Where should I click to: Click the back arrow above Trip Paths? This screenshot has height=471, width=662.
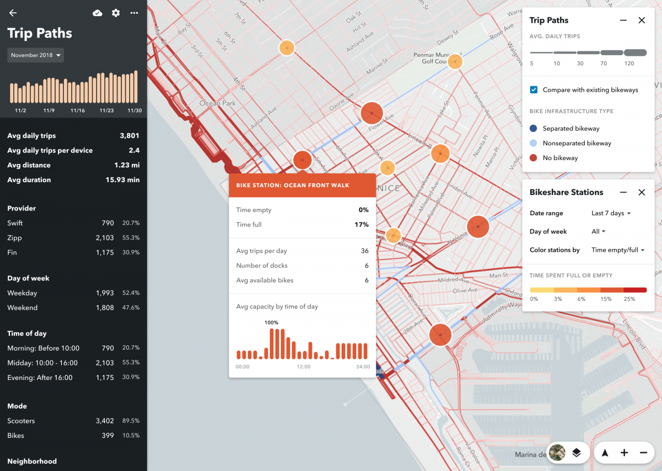pyautogui.click(x=13, y=13)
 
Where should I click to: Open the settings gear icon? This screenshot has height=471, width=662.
pyautogui.click(x=116, y=13)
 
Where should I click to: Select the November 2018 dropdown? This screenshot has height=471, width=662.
pyautogui.click(x=35, y=55)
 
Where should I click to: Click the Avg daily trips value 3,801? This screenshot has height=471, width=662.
pyautogui.click(x=129, y=136)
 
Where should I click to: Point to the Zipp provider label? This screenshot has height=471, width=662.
pyautogui.click(x=15, y=238)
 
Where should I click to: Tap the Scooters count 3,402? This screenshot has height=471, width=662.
pyautogui.click(x=104, y=421)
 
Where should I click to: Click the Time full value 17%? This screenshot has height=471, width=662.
pyautogui.click(x=361, y=225)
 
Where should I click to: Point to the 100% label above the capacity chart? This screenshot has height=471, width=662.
pyautogui.click(x=271, y=322)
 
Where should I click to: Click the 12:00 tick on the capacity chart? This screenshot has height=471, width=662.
pyautogui.click(x=303, y=367)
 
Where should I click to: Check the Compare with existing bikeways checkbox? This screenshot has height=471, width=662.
pyautogui.click(x=533, y=89)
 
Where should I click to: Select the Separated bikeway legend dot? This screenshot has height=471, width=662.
pyautogui.click(x=533, y=129)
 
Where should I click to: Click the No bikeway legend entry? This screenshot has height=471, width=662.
pyautogui.click(x=560, y=158)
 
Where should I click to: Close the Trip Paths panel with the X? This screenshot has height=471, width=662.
pyautogui.click(x=642, y=20)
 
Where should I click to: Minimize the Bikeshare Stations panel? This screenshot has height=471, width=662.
pyautogui.click(x=623, y=192)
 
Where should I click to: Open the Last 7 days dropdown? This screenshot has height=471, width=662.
pyautogui.click(x=611, y=213)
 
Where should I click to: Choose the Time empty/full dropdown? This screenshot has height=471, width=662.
pyautogui.click(x=618, y=250)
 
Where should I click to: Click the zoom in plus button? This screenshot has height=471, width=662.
pyautogui.click(x=624, y=453)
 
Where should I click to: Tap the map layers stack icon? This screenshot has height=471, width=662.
pyautogui.click(x=576, y=453)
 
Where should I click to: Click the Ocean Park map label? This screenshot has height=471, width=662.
pyautogui.click(x=217, y=103)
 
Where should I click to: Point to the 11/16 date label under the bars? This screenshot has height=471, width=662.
pyautogui.click(x=78, y=110)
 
